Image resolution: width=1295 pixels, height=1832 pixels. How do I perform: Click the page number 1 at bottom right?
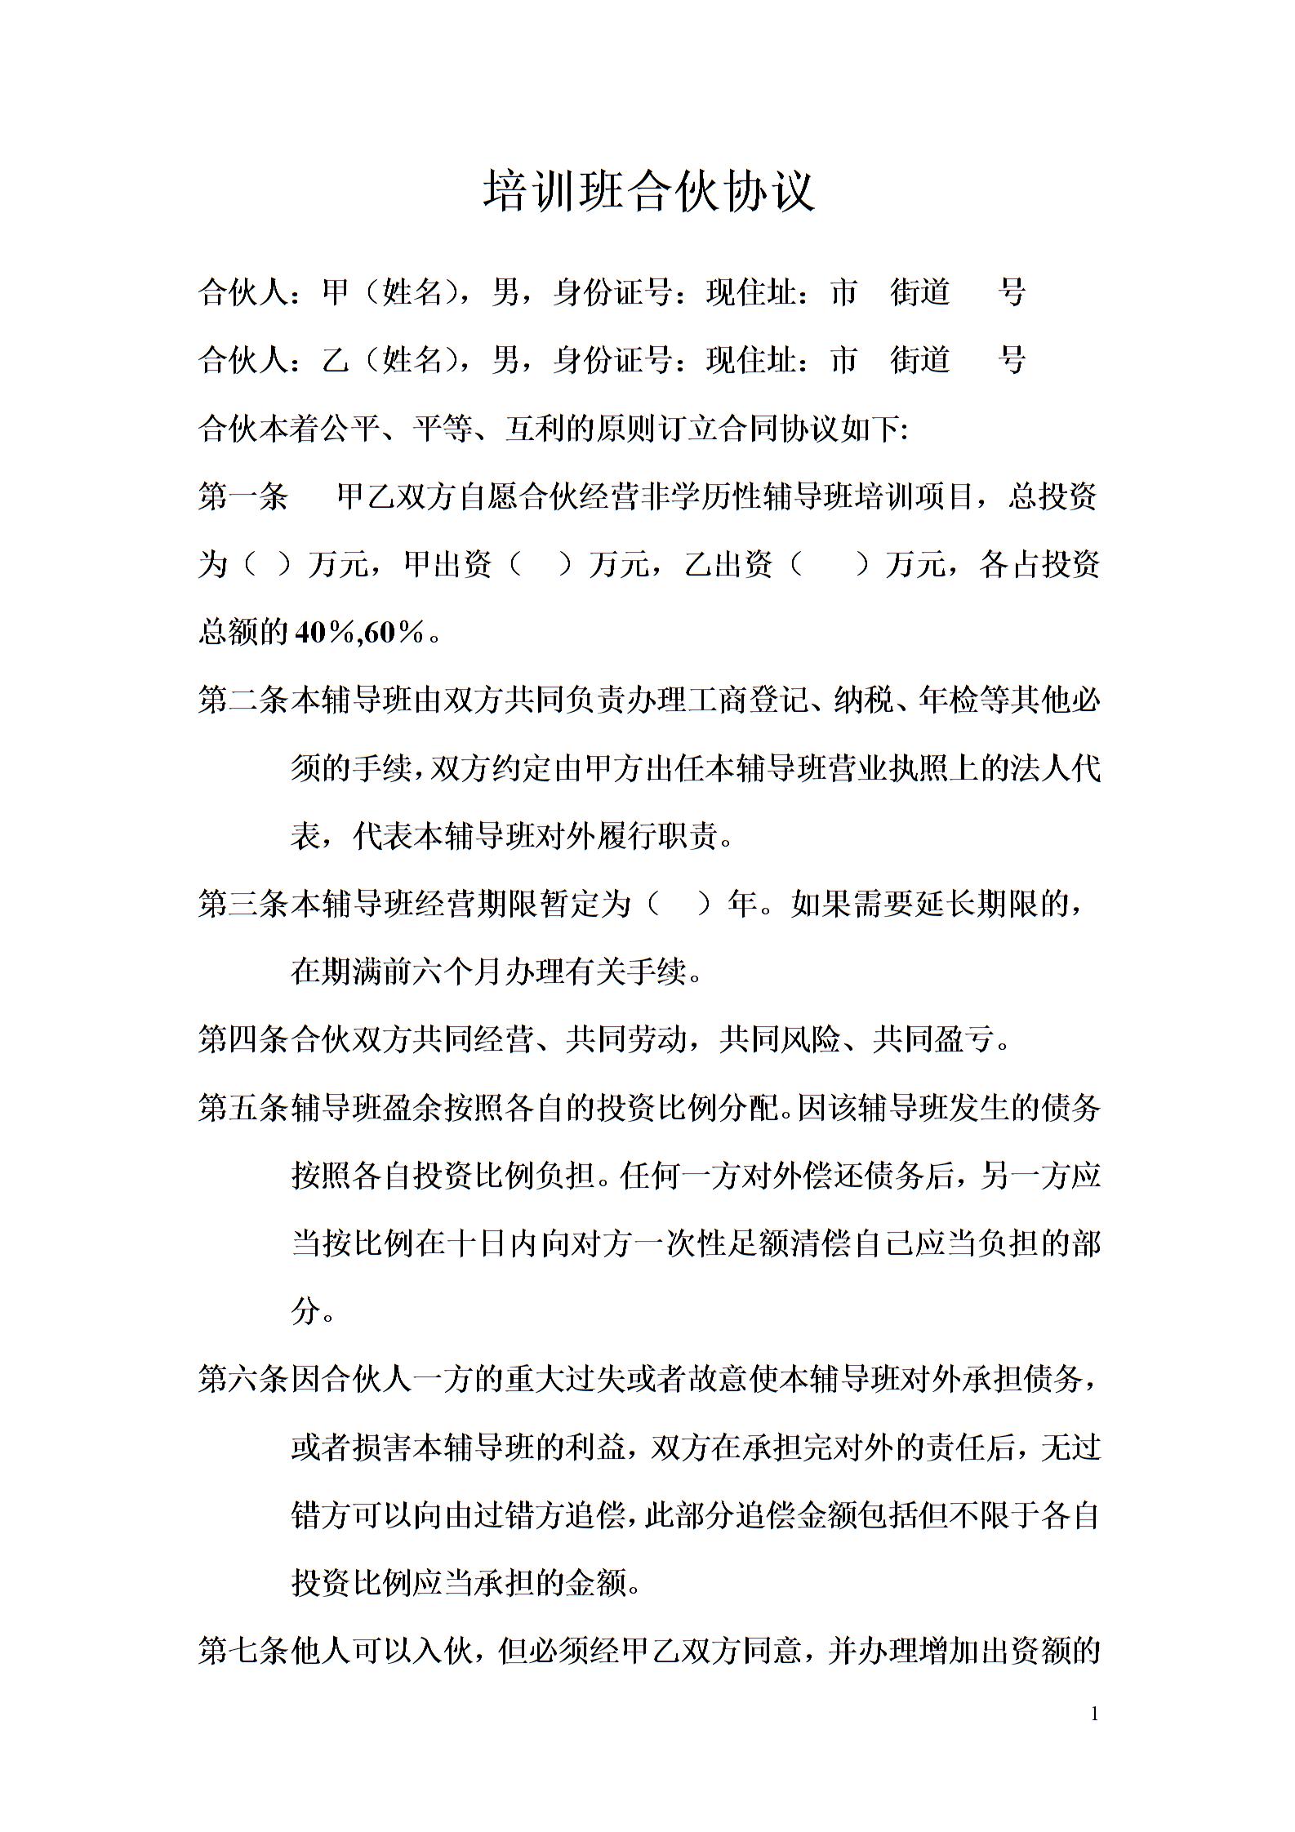tap(1095, 1714)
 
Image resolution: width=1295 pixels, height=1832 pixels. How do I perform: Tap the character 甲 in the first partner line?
tap(336, 292)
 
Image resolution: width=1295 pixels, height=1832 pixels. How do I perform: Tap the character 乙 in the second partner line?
tap(336, 359)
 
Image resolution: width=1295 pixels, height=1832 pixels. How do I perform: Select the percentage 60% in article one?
tap(395, 632)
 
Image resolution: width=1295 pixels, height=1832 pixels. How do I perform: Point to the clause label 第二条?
tap(243, 700)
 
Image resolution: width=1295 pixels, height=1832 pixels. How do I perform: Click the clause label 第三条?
tap(243, 904)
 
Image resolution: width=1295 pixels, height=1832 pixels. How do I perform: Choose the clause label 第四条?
tap(243, 1039)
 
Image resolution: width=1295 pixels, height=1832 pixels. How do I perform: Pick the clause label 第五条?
tap(243, 1108)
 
